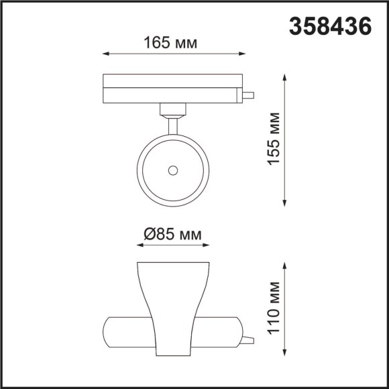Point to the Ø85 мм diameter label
tap(172, 235)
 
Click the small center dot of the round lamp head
tap(173, 170)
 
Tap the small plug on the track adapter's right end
tap(248, 95)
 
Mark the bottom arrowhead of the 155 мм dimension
tap(286, 204)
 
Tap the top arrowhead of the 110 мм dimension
tap(286, 267)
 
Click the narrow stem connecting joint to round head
tap(173, 125)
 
